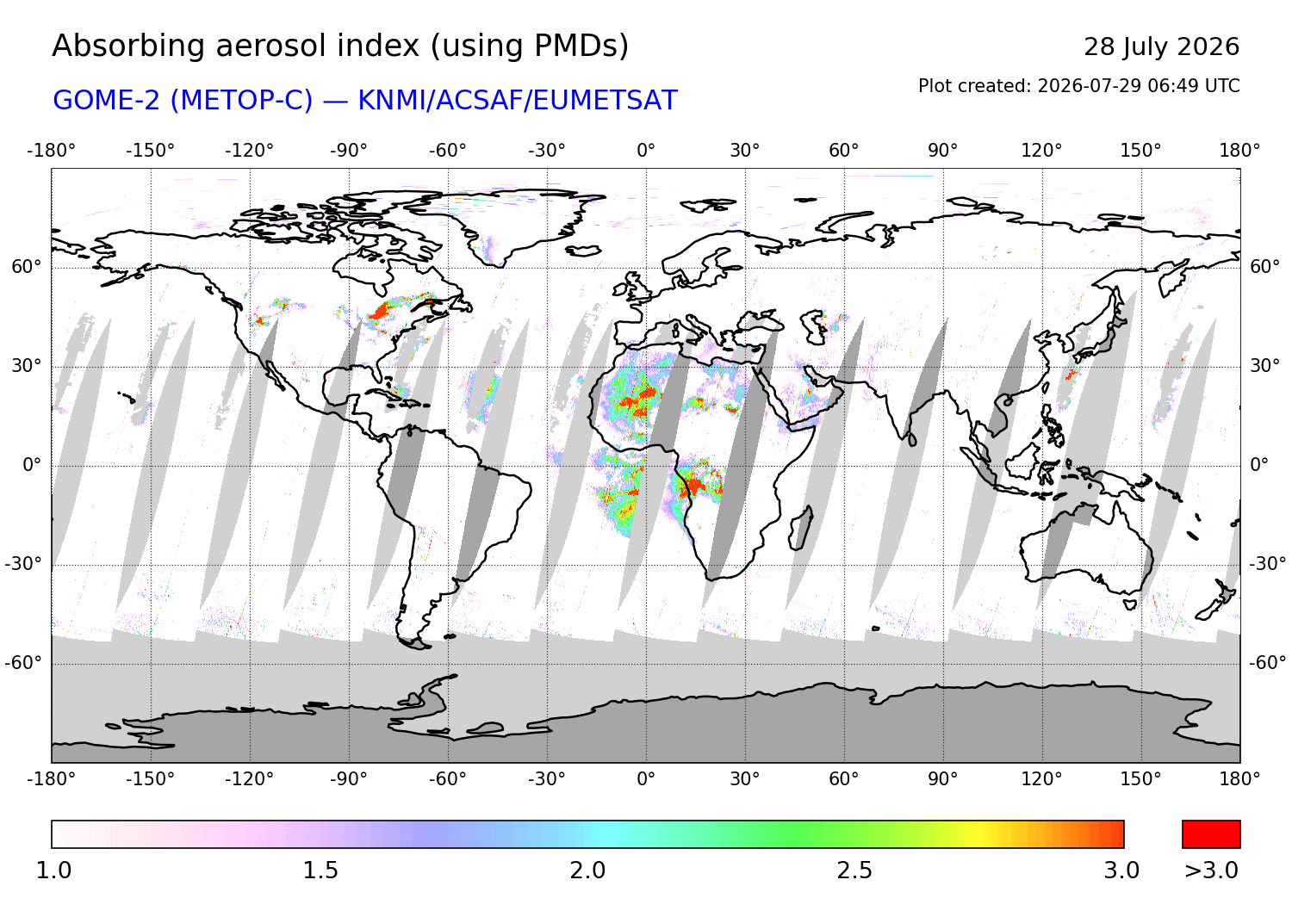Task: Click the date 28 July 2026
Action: pos(1161,46)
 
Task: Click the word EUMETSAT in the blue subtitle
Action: pos(605,101)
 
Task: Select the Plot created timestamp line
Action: pos(1078,86)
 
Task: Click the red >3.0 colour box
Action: pos(1211,834)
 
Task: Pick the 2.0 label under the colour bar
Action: pos(587,871)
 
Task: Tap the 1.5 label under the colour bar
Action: pos(320,871)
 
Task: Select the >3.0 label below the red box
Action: pos(1211,871)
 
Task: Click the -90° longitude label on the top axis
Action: pos(348,151)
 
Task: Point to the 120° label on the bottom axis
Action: pos(1041,779)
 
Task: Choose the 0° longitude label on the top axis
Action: pos(646,151)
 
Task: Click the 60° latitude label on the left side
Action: pos(27,267)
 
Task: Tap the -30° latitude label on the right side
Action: pos(1268,563)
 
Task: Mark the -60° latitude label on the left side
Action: pos(23,663)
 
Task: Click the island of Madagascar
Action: pos(801,528)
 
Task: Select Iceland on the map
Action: pos(584,251)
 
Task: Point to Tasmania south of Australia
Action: pos(1130,604)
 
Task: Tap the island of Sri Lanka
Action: pos(912,439)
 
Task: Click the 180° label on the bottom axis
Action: pos(1239,779)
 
